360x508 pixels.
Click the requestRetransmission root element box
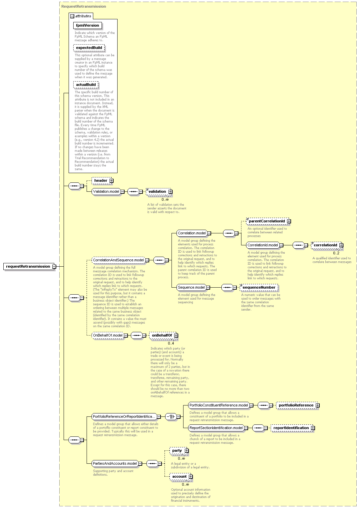[30, 266]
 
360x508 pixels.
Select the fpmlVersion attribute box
[87, 25]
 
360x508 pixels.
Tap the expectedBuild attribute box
[89, 48]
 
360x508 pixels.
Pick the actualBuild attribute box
[86, 85]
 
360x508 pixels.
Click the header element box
[103, 180]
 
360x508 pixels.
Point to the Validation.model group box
[108, 192]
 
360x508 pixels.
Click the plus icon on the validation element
[171, 192]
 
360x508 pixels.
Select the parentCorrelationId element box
[268, 221]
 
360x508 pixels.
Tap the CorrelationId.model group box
[264, 245]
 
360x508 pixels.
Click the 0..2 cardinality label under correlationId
[336, 253]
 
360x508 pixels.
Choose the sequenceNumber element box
[259, 288]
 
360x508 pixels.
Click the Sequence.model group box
[193, 288]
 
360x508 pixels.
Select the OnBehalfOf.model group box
[110, 336]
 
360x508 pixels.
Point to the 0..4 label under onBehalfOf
[171, 343]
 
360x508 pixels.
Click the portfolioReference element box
[298, 405]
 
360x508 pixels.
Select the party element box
[179, 451]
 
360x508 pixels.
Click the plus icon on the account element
[191, 477]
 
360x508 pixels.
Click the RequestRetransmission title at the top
[84, 7]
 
